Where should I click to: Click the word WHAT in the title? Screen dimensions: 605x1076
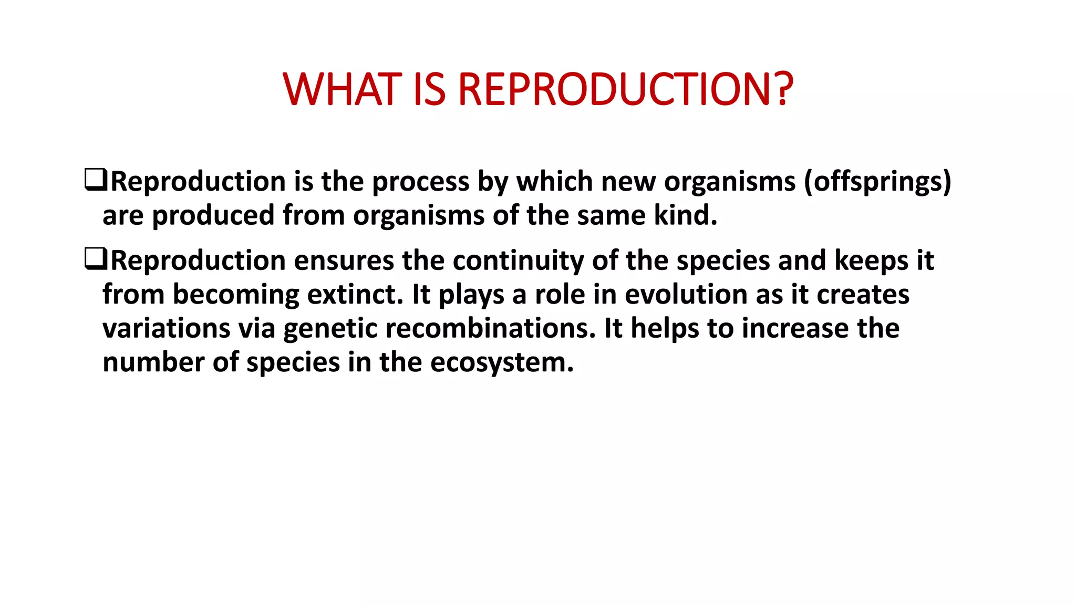pyautogui.click(x=342, y=89)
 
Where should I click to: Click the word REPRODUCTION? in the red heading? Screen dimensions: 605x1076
pyautogui.click(x=625, y=89)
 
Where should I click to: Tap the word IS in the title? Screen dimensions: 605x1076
pyautogui.click(x=429, y=89)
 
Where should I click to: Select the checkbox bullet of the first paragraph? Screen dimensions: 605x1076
pyautogui.click(x=95, y=180)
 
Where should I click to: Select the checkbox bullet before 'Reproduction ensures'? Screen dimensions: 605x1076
pyautogui.click(x=95, y=259)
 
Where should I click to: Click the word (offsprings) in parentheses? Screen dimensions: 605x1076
pyautogui.click(x=877, y=182)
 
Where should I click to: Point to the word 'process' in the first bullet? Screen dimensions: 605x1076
pyautogui.click(x=420, y=182)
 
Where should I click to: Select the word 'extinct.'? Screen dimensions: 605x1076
pyautogui.click(x=355, y=294)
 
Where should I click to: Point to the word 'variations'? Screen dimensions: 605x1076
pyautogui.click(x=167, y=328)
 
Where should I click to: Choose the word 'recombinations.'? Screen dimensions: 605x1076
pyautogui.click(x=491, y=328)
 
